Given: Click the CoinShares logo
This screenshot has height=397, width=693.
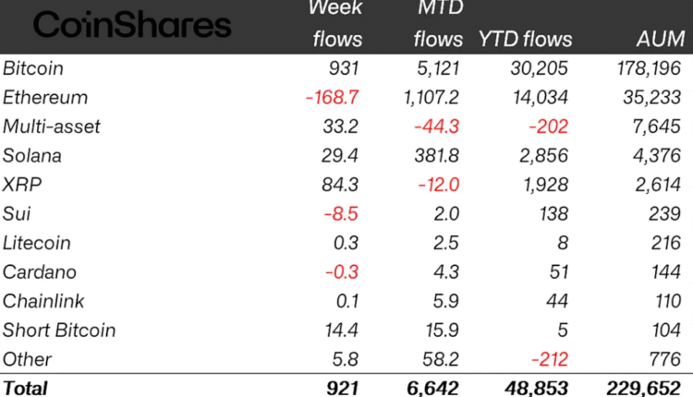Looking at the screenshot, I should pos(132,25).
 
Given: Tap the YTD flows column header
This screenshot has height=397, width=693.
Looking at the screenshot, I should pos(525,39).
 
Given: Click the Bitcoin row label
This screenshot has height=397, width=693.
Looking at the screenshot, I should pos(33,68).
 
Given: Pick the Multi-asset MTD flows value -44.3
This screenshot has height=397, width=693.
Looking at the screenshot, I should pos(438,126).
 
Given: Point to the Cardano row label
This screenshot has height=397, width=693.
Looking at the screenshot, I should pos(40,272).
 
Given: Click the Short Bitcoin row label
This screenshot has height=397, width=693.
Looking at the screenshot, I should pos(58,331).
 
